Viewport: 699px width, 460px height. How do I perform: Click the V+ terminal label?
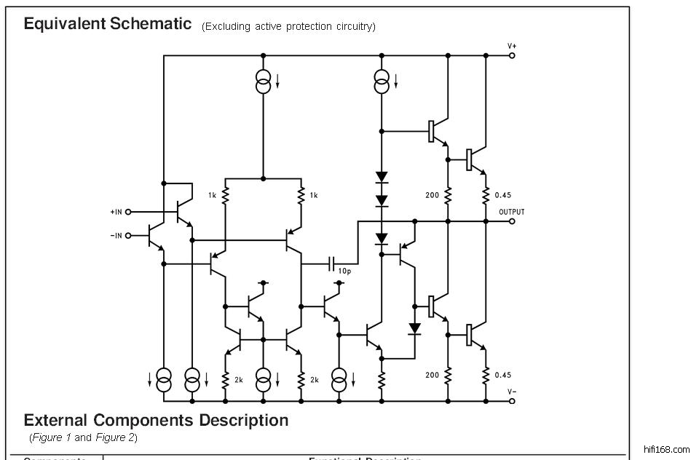click(513, 46)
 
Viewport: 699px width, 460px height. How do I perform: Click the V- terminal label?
click(513, 391)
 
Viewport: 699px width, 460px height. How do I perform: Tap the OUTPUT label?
click(512, 212)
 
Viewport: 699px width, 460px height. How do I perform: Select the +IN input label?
click(116, 212)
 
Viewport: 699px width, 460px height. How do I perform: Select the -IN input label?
click(116, 235)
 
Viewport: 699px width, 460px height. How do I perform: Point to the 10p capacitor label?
click(344, 270)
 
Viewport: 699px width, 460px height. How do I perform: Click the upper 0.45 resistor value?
click(502, 195)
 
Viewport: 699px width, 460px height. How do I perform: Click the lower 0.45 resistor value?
click(502, 375)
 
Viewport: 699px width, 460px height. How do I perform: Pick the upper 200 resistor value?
click(433, 195)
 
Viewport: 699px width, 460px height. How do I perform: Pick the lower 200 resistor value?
click(433, 375)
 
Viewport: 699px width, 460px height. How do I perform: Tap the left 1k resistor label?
click(213, 195)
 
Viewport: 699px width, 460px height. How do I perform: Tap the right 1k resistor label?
click(313, 195)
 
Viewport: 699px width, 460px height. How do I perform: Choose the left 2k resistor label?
click(239, 380)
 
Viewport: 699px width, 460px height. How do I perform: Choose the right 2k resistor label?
click(315, 380)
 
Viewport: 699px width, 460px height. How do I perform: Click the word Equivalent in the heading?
click(65, 23)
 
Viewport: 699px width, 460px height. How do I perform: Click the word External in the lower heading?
click(56, 420)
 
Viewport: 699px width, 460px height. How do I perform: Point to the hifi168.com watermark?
click(666, 450)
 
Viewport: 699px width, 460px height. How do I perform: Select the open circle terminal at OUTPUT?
click(512, 221)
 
